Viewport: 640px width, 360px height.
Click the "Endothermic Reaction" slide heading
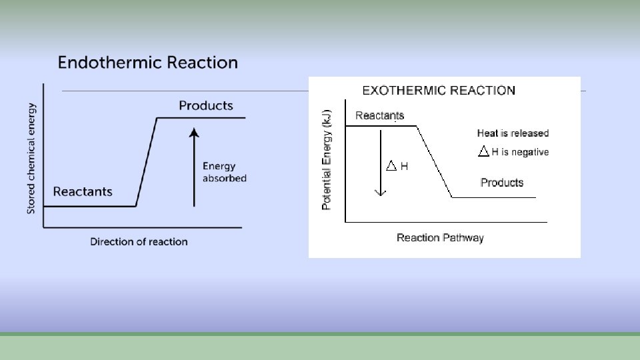(x=147, y=63)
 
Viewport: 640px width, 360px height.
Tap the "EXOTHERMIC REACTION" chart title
(x=438, y=90)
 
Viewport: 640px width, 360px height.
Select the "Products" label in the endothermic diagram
(x=206, y=105)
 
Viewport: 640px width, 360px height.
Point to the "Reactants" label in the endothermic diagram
(x=83, y=192)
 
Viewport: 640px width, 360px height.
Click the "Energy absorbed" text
(x=224, y=172)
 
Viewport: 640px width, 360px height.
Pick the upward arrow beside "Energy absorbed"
(x=194, y=167)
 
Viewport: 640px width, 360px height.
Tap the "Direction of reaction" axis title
(x=139, y=241)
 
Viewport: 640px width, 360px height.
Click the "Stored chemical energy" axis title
(x=31, y=158)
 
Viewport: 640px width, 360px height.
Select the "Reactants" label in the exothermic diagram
(x=379, y=116)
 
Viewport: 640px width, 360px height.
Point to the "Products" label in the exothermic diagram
(x=502, y=183)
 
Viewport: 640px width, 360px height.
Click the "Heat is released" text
(x=513, y=133)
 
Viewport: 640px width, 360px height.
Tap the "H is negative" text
(x=520, y=152)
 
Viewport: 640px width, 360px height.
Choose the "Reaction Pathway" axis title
(x=440, y=237)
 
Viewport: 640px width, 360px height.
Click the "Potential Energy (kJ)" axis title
(x=327, y=161)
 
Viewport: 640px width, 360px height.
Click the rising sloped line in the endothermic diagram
(x=147, y=162)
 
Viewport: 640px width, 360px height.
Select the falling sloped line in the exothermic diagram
(x=435, y=161)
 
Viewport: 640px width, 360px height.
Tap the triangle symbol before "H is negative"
(x=484, y=152)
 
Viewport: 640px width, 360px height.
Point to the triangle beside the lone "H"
(x=391, y=165)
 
